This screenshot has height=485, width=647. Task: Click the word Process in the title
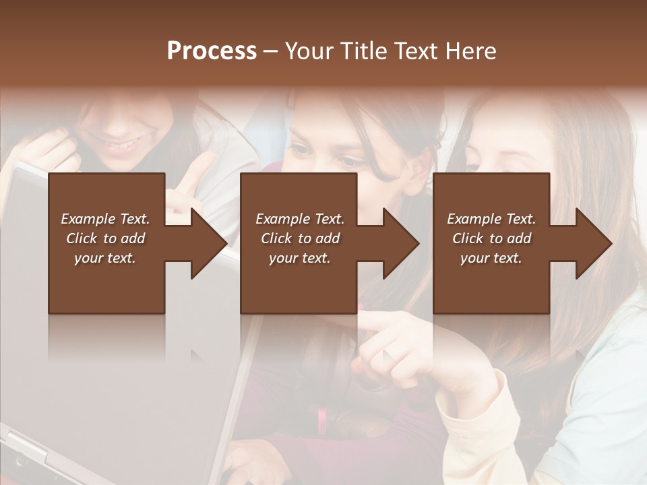coord(212,51)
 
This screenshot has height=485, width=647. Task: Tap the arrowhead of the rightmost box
coord(593,243)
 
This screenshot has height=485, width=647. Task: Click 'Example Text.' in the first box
coord(105,219)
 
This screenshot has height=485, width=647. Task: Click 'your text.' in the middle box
coord(299,258)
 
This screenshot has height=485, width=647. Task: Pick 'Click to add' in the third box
coord(491,238)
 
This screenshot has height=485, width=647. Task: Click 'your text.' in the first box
coord(105,258)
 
